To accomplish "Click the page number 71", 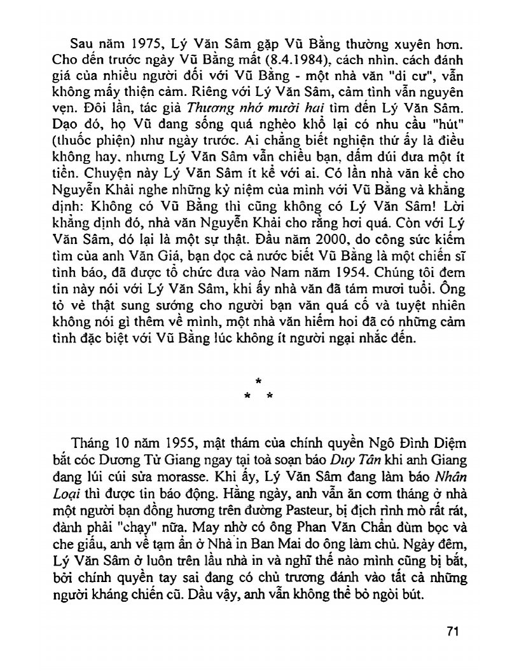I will point(452,632).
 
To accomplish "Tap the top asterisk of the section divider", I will point(258,383).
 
